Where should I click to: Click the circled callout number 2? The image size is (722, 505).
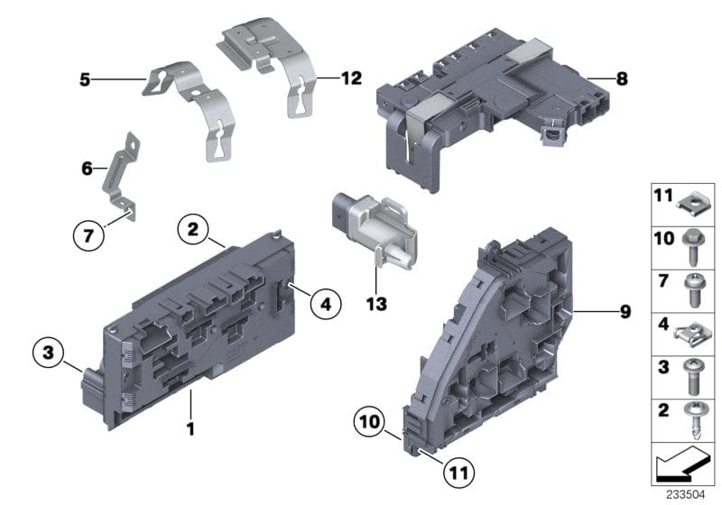[x=192, y=230]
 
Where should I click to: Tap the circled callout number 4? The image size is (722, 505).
[x=326, y=305]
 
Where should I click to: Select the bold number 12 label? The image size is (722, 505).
[x=350, y=78]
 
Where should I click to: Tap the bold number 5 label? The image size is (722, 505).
[x=85, y=80]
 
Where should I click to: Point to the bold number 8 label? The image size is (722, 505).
[x=621, y=79]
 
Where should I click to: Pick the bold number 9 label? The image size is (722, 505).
[x=625, y=313]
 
